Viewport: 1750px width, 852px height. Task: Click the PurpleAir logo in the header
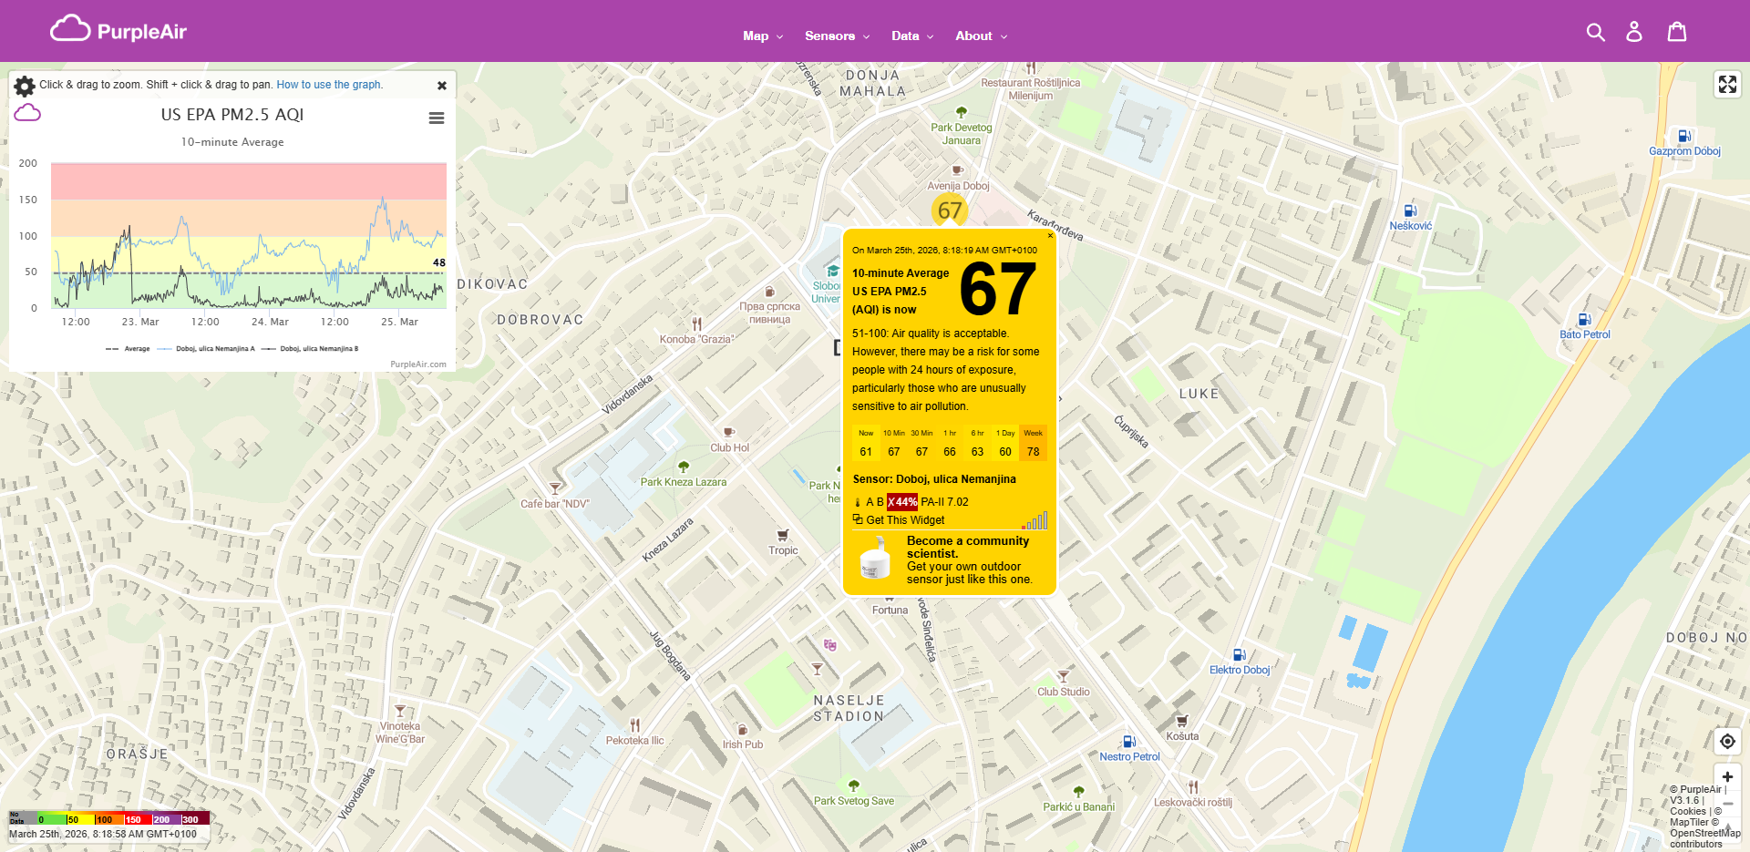(118, 31)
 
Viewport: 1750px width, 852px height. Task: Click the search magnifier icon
(1595, 32)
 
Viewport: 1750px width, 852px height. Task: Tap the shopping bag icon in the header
(1677, 32)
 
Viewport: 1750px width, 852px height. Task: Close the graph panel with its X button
(442, 86)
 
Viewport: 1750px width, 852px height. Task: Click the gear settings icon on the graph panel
(25, 86)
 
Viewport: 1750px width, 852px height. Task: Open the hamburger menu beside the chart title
(437, 118)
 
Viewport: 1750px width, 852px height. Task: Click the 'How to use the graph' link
(329, 85)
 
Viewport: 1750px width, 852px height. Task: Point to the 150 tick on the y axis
(28, 200)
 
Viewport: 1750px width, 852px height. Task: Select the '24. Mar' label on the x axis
(270, 322)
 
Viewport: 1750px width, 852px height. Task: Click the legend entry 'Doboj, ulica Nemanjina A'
(215, 349)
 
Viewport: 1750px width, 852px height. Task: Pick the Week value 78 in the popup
(1033, 452)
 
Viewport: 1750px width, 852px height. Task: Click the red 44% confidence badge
(902, 502)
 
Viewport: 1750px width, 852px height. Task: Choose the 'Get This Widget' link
(904, 520)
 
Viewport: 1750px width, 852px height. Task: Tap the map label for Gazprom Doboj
(1684, 151)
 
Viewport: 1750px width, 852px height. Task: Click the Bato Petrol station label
(1584, 334)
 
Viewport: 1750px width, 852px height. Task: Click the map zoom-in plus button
(1727, 776)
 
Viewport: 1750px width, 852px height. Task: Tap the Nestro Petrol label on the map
(1129, 756)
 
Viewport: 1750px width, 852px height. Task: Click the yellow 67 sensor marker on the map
(950, 210)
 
